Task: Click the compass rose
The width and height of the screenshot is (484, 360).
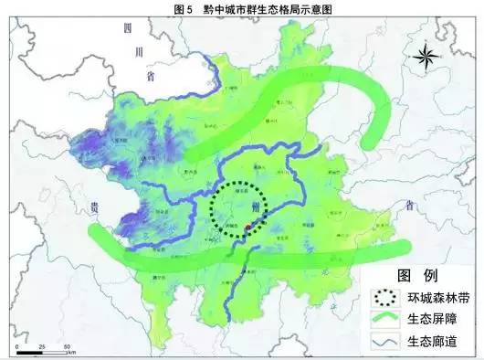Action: click(x=425, y=58)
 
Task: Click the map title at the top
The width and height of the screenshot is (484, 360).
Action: click(x=241, y=7)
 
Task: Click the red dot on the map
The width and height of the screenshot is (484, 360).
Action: click(x=248, y=223)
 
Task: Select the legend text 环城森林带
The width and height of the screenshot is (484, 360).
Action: click(x=434, y=297)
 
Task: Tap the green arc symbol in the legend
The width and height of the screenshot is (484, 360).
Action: click(x=384, y=319)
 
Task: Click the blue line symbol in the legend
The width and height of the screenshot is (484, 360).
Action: click(x=384, y=340)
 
